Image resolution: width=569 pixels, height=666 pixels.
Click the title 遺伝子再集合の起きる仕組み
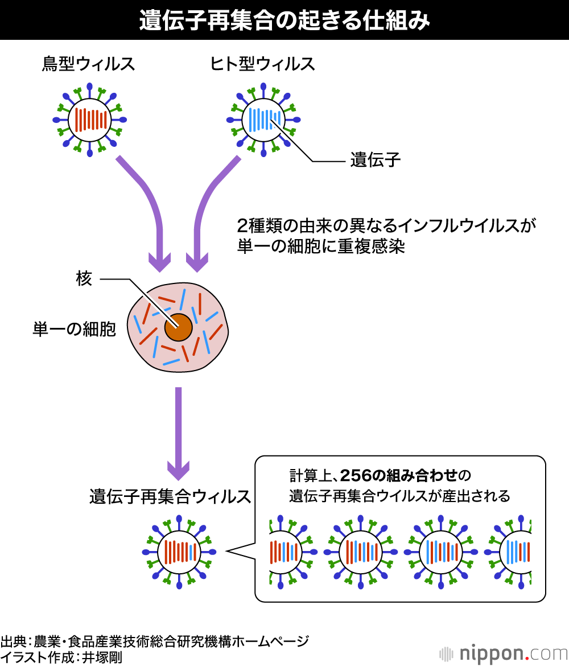[284, 20]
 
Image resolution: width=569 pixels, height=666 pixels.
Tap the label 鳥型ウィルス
[88, 64]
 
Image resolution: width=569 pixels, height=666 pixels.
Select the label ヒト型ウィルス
[262, 64]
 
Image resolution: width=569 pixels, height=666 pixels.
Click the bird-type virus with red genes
[90, 120]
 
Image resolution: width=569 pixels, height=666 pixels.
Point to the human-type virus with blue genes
[263, 120]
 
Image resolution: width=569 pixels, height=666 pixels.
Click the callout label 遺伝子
[376, 161]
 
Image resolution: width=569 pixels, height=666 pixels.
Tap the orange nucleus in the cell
[178, 327]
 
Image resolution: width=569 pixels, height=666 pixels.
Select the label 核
[84, 279]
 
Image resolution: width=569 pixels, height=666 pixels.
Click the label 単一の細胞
[74, 330]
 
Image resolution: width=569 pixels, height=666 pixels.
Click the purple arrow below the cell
[178, 433]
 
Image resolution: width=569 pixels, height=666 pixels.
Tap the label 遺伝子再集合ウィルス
[170, 496]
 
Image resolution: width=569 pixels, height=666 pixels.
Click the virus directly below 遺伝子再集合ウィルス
[179, 552]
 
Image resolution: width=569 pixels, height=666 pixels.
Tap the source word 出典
[14, 641]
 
